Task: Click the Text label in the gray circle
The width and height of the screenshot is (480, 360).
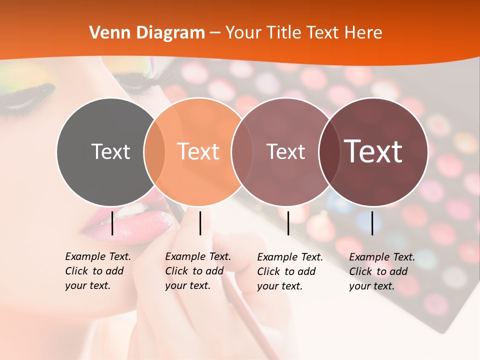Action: [x=110, y=151]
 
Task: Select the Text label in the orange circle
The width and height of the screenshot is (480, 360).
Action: [x=198, y=151]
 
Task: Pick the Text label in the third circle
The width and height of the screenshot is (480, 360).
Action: [x=285, y=151]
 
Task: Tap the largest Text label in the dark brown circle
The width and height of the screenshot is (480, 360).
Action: [x=373, y=151]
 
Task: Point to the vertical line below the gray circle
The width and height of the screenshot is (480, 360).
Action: [x=112, y=223]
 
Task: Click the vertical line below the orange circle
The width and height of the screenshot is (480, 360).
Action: [x=200, y=223]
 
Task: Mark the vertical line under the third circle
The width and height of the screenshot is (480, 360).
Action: [x=288, y=223]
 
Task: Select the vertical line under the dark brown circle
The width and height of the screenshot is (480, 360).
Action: [x=372, y=223]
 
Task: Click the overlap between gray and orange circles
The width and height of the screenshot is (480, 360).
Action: [x=154, y=151]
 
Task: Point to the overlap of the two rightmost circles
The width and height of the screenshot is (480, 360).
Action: [x=328, y=151]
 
